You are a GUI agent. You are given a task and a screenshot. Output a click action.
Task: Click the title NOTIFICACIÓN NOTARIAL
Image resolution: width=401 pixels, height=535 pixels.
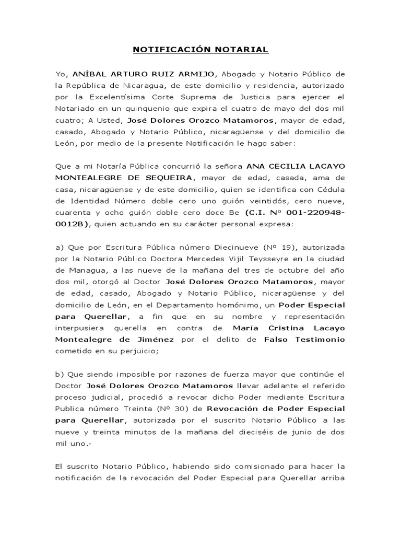pos(200,50)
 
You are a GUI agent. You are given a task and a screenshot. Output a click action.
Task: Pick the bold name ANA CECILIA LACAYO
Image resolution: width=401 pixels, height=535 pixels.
pos(296,166)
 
